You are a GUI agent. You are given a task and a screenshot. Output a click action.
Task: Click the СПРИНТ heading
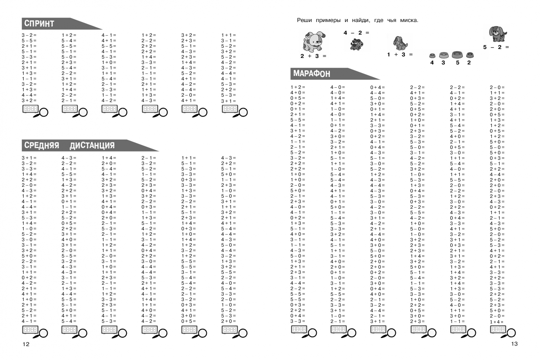pos(39,24)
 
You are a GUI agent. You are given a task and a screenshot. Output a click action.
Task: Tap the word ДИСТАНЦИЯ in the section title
pos(92,145)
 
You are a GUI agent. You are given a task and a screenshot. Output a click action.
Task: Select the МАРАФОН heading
pos(312,74)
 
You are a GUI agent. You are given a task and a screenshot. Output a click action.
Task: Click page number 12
pos(26,344)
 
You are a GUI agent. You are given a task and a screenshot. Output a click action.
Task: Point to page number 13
pos(514,344)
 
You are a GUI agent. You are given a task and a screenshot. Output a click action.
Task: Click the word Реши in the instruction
pos(304,20)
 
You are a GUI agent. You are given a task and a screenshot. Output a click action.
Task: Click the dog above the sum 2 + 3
pos(314,41)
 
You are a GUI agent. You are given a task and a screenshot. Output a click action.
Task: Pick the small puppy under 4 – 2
pos(357,44)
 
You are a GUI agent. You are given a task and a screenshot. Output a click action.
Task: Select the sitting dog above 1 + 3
pos(400,43)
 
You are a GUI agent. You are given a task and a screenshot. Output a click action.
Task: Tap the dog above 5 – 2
pos(498,34)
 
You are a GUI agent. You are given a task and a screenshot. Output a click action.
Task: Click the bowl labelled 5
pos(457,55)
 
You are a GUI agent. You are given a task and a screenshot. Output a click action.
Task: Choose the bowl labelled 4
pos(432,56)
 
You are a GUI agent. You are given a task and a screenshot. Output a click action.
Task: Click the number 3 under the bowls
pos(443,63)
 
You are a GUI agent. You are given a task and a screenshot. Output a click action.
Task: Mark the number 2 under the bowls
pos(469,63)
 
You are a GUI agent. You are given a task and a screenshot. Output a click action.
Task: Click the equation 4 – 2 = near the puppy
pos(356,33)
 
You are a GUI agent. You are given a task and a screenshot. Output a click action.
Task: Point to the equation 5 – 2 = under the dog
pos(496,47)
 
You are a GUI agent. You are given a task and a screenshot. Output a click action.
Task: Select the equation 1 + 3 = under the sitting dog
pos(400,55)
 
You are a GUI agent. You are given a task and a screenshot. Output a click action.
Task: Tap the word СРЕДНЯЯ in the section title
pos(42,145)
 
